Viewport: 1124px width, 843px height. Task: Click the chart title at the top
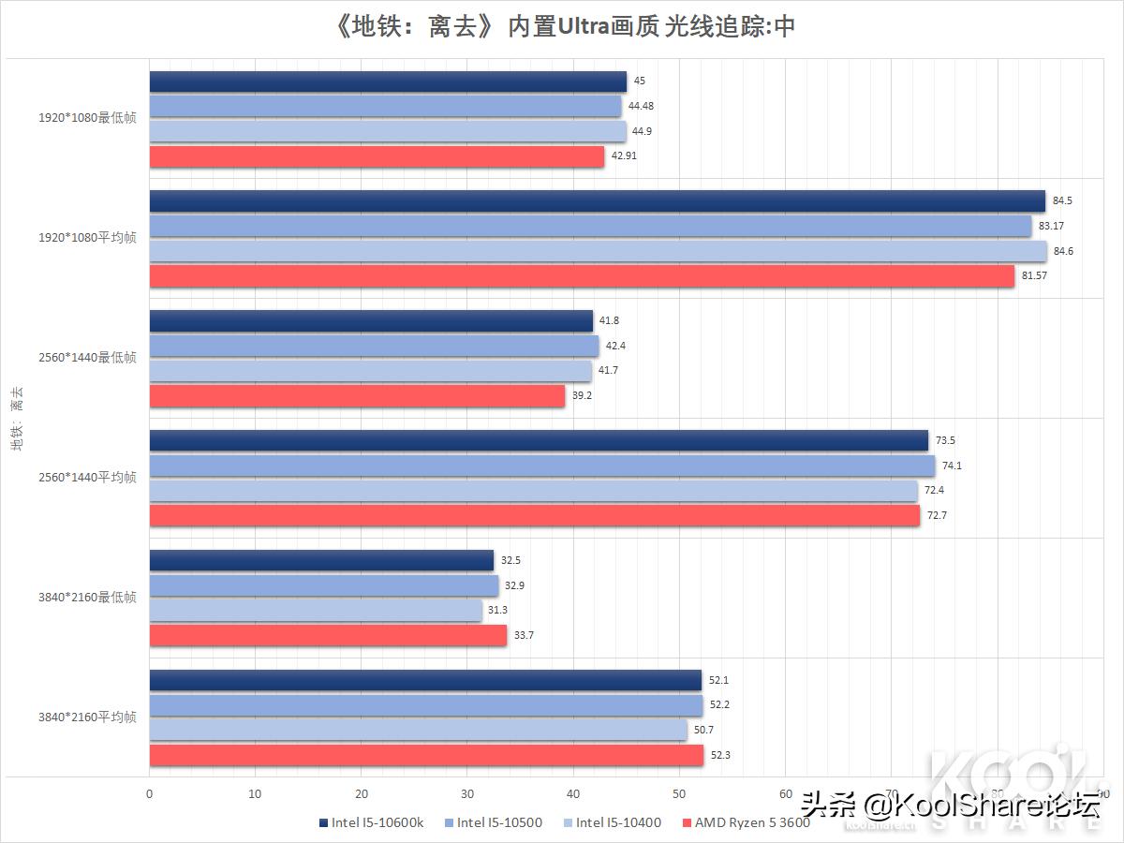pyautogui.click(x=563, y=26)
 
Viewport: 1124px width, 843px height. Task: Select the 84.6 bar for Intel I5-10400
pyautogui.click(x=598, y=251)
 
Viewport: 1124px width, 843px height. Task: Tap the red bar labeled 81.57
pyautogui.click(x=582, y=276)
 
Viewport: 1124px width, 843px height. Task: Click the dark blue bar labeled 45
pyautogui.click(x=388, y=82)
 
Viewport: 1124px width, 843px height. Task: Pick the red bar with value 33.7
pyautogui.click(x=328, y=636)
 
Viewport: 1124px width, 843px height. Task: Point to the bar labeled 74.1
pyautogui.click(x=541, y=466)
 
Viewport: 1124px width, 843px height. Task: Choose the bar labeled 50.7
pyautogui.click(x=418, y=730)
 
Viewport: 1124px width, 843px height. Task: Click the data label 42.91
pyautogui.click(x=624, y=156)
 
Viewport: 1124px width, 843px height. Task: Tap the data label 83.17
pyautogui.click(x=1051, y=226)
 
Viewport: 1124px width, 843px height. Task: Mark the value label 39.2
pyautogui.click(x=583, y=395)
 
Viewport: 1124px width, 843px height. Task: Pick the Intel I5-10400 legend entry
pyautogui.click(x=613, y=823)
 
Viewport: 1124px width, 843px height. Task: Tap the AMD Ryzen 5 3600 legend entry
pyautogui.click(x=746, y=823)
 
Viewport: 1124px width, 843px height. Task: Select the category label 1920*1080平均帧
pyautogui.click(x=87, y=238)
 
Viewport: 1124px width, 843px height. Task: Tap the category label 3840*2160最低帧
pyautogui.click(x=87, y=598)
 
